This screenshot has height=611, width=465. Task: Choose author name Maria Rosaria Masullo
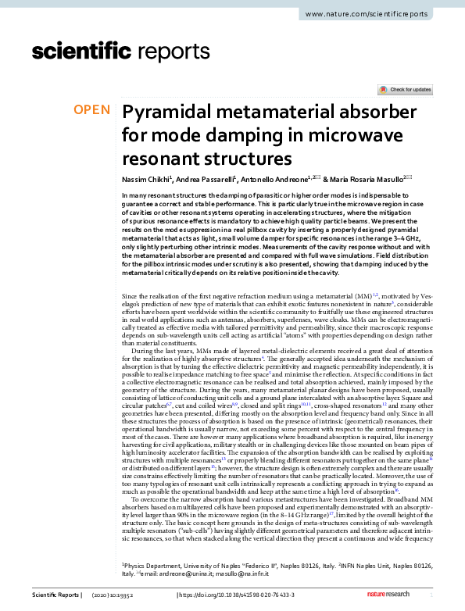tap(368, 179)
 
